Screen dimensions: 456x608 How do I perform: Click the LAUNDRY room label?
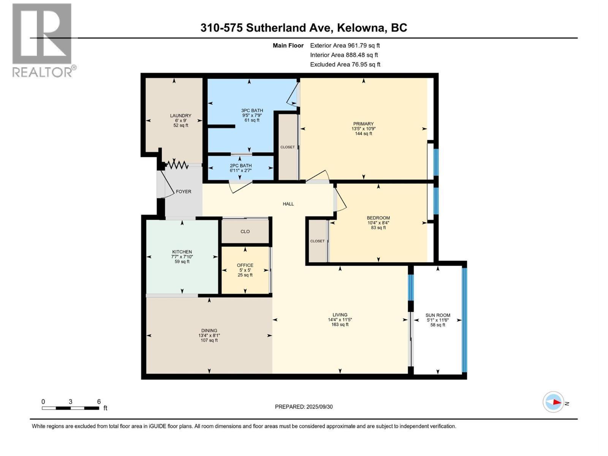coord(180,116)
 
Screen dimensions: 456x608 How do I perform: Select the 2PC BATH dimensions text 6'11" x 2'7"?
coord(241,171)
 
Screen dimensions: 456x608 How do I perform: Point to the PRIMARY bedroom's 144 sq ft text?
coord(363,134)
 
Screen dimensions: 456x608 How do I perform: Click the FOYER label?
coord(184,192)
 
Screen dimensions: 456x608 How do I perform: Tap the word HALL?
coord(288,204)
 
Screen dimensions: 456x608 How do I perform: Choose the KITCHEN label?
coord(182,252)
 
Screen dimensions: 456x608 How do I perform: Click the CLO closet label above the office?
coord(245,231)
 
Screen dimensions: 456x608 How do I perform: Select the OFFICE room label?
coord(245,265)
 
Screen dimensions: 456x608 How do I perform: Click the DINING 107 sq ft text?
coord(209,340)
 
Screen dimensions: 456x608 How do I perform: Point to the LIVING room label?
coord(340,315)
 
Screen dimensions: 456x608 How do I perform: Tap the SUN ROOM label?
coord(438,315)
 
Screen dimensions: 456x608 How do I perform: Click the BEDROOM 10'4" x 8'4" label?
coord(378,223)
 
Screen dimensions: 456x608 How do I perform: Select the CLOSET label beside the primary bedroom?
coord(288,147)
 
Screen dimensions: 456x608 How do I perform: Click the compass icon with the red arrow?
coord(554,402)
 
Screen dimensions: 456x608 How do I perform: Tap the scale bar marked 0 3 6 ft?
coord(71,408)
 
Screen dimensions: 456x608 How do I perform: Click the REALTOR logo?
coord(43,40)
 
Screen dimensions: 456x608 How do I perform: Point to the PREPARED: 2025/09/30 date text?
coord(304,407)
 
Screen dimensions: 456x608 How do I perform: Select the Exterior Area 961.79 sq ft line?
coord(345,46)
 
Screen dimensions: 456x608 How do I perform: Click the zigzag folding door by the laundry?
coord(177,165)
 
